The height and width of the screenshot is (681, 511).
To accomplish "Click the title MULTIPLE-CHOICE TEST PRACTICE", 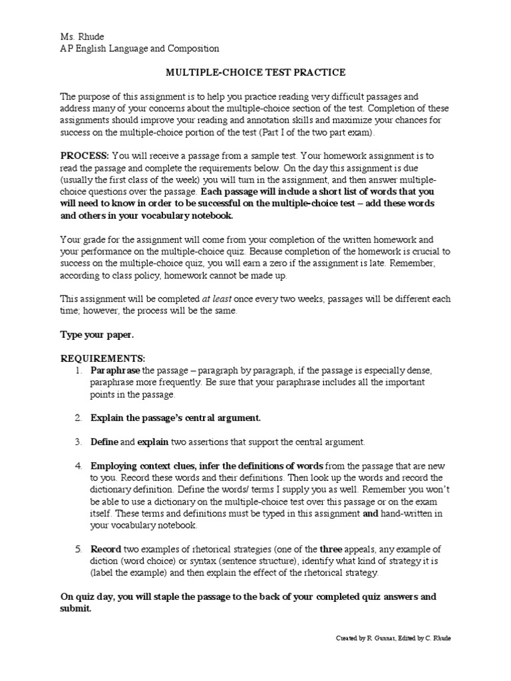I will tap(255, 72).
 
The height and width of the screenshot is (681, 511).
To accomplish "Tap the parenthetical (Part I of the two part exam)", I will tap(310, 132).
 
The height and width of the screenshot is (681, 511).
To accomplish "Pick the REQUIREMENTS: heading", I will tap(102, 358).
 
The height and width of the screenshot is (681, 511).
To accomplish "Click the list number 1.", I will tap(78, 370).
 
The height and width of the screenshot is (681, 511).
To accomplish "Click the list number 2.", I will tap(78, 418).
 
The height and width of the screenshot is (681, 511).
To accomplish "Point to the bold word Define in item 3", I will tap(104, 442).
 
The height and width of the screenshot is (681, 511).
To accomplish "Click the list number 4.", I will tap(78, 466).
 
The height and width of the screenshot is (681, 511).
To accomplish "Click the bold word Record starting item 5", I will tap(106, 549).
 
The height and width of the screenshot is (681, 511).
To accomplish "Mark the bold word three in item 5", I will tap(331, 549).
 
